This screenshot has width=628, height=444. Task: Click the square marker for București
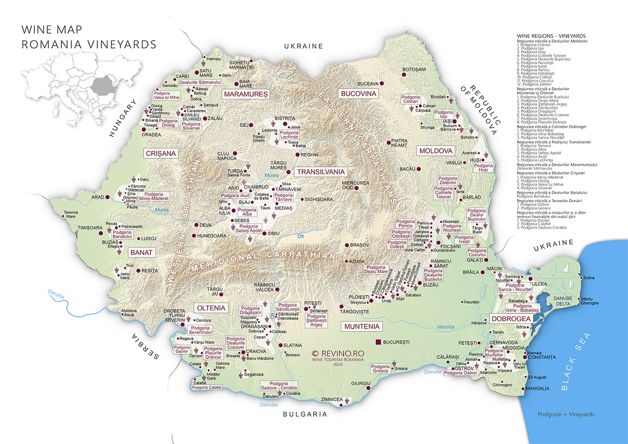point(378,342)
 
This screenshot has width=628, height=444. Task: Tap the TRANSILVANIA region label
point(320,172)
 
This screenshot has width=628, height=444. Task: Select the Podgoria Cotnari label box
point(410,99)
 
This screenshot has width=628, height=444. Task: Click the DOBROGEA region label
point(510,318)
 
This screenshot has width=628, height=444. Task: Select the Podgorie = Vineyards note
point(566,414)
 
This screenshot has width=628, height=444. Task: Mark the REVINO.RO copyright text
point(338,353)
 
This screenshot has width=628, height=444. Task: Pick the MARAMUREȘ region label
point(245,94)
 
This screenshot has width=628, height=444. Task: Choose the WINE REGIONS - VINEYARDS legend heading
point(551,36)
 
